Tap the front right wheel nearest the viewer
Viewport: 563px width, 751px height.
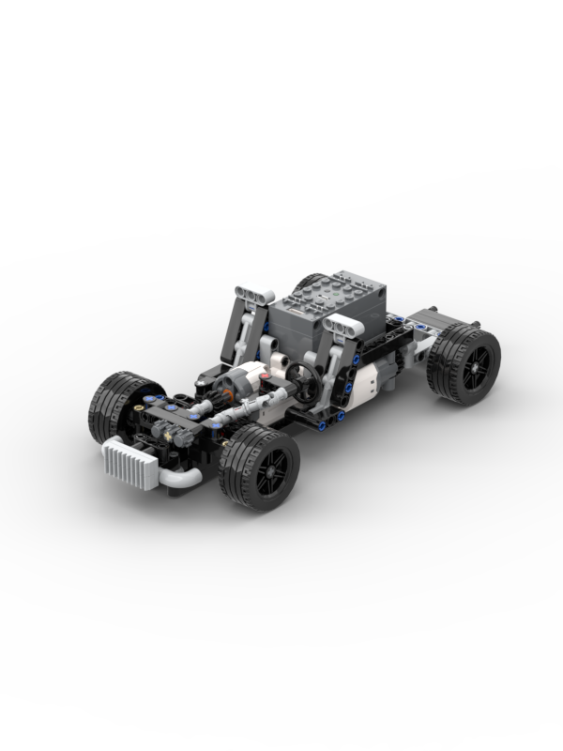[x=259, y=467]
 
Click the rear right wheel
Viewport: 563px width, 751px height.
[x=464, y=362]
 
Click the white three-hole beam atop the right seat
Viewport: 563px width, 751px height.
[x=343, y=327]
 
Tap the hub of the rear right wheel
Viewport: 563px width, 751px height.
[x=474, y=362]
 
